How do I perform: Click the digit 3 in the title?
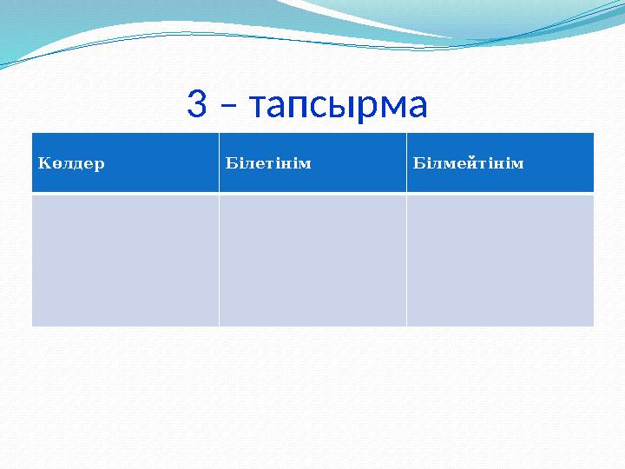(x=198, y=105)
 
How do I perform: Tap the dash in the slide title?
(x=228, y=108)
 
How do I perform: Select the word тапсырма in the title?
(x=338, y=107)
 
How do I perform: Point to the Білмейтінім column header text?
(x=468, y=162)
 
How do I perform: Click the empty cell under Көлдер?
(x=125, y=260)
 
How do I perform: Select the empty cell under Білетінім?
(x=312, y=260)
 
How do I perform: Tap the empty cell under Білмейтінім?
(x=500, y=260)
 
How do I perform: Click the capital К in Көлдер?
(x=43, y=162)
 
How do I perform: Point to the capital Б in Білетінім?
(x=230, y=162)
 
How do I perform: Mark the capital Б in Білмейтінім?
(x=418, y=162)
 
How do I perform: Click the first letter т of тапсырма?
(x=258, y=109)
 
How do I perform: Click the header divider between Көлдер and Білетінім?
(x=219, y=162)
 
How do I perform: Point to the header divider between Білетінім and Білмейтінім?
(x=406, y=162)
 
